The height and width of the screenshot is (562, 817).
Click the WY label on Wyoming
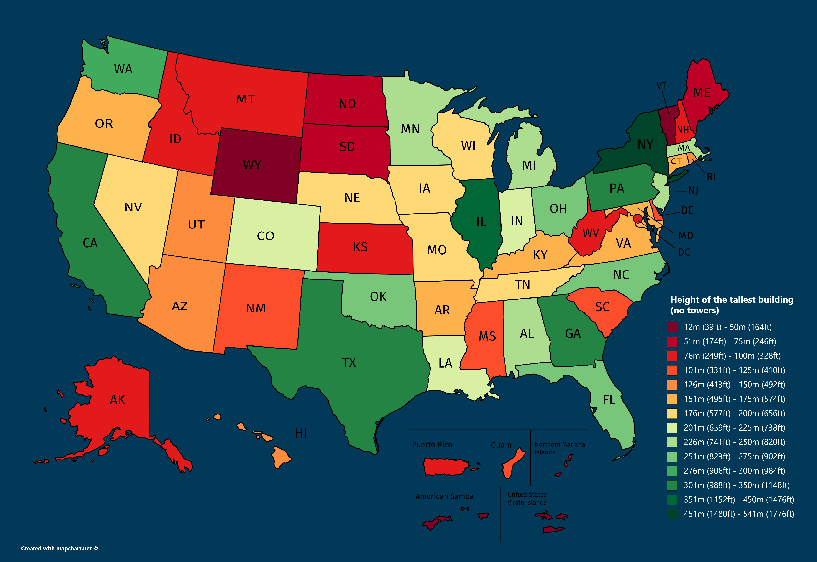pyautogui.click(x=252, y=165)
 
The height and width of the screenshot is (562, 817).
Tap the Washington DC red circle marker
pyautogui.click(x=637, y=219)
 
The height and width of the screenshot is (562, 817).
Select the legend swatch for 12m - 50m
pyautogui.click(x=672, y=327)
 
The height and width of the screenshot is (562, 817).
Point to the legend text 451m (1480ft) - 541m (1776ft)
pyautogui.click(x=738, y=514)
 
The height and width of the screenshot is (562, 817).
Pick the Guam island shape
pyautogui.click(x=509, y=463)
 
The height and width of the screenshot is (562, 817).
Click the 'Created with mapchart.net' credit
pyautogui.click(x=59, y=548)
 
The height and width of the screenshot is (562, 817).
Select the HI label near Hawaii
pyautogui.click(x=301, y=433)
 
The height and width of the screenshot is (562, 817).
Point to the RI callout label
pyautogui.click(x=711, y=177)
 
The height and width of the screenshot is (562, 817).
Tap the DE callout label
pyautogui.click(x=687, y=211)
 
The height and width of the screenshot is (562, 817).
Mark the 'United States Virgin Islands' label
pyautogui.click(x=527, y=499)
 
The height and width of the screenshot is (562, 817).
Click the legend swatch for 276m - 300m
pyautogui.click(x=672, y=471)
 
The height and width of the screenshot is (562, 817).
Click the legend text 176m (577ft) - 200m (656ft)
pyautogui.click(x=734, y=413)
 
